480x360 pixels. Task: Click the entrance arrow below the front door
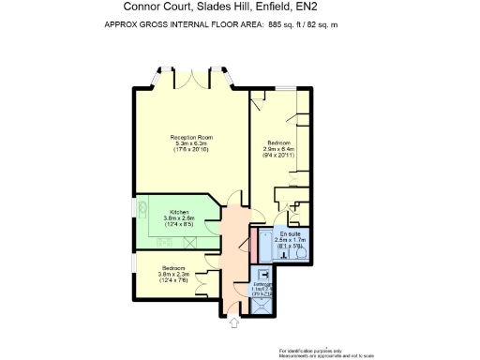[233, 323]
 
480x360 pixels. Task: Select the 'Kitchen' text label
[180, 212]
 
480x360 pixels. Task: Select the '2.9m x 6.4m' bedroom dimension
[278, 149]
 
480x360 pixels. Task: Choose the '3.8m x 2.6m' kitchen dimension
[180, 218]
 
